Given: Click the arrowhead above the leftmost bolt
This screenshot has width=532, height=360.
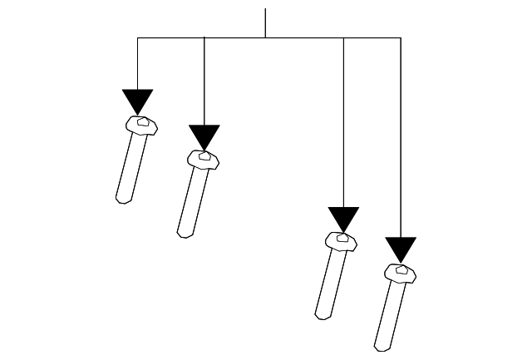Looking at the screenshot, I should click(137, 101).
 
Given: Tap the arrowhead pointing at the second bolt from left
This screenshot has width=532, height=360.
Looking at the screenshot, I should click(204, 136).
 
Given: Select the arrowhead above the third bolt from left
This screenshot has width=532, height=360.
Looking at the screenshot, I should click(343, 218).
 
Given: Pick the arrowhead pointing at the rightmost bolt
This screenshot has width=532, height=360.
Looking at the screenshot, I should click(401, 249).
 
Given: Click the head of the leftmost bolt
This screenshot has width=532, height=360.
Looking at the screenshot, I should click(142, 125).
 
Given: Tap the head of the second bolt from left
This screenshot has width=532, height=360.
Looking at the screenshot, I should click(204, 158).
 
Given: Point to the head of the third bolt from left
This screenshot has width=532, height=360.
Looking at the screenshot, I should click(341, 240).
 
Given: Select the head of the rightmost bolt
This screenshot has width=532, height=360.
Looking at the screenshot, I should click(401, 272).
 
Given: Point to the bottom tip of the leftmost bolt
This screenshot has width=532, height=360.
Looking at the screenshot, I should click(122, 200).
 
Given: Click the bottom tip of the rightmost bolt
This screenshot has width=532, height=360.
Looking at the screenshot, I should click(380, 348).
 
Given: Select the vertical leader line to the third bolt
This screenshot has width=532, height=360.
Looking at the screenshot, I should click(343, 125).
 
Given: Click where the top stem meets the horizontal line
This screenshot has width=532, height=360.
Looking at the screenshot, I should click(265, 37).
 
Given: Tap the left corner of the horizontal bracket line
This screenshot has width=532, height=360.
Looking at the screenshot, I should click(137, 37).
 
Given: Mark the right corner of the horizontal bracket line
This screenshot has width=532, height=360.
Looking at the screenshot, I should click(401, 37).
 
